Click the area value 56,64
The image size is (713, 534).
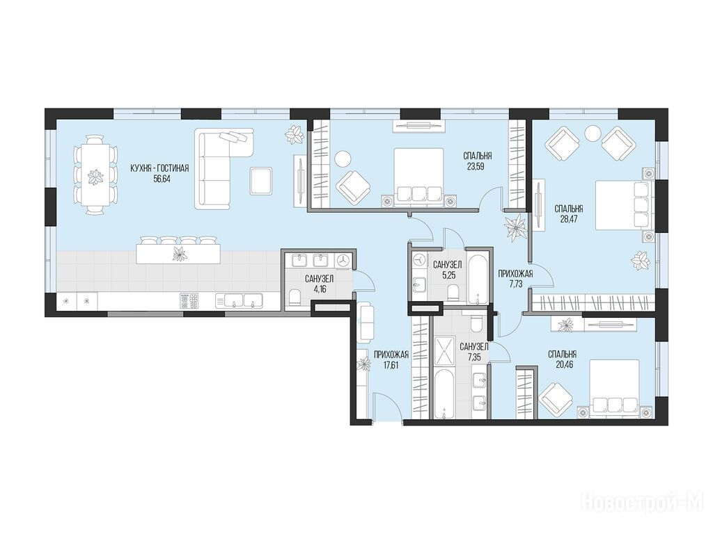coord(159,179)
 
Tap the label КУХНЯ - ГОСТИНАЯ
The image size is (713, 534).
coord(159,168)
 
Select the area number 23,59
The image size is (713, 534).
coord(473,165)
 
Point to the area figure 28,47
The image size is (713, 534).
coord(568,219)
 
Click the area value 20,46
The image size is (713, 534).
coord(563,364)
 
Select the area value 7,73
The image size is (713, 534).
coord(515,284)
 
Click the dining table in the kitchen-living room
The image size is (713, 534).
coord(95,175)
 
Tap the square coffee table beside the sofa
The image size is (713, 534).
coord(262,181)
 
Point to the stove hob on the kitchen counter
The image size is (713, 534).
coord(190,301)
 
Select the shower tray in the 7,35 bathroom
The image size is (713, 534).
coord(444,350)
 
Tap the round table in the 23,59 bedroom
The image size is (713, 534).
coord(343,159)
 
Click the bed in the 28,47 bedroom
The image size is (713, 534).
coord(622,205)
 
